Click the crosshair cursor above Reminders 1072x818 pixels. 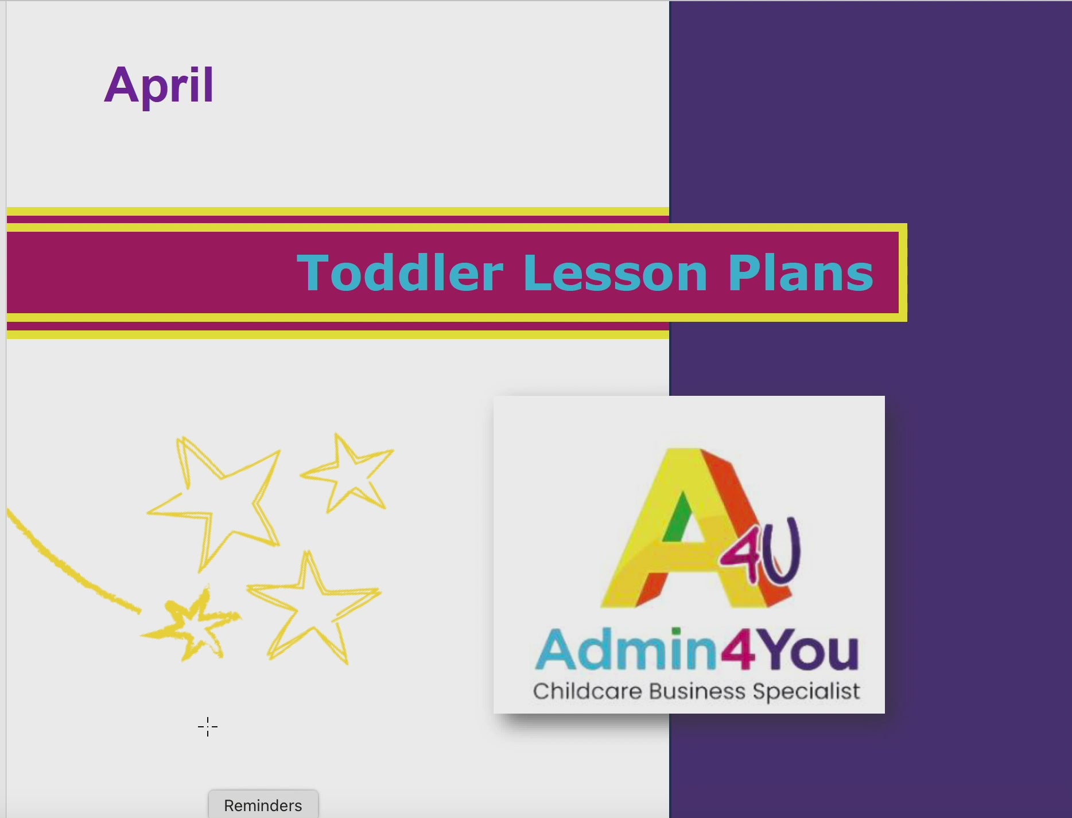pos(208,727)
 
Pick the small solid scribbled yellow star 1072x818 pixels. pos(192,625)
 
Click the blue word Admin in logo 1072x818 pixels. pos(627,649)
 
